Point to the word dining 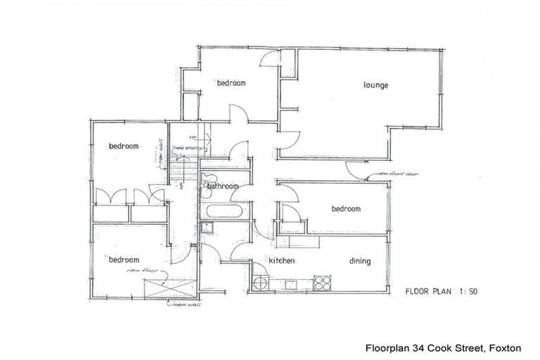click(x=359, y=262)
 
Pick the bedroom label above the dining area click(x=346, y=209)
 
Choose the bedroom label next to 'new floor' click(x=124, y=259)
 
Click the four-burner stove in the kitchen click(x=322, y=283)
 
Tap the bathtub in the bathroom click(x=224, y=211)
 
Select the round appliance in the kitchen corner click(x=260, y=283)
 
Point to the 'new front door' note click(x=394, y=173)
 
